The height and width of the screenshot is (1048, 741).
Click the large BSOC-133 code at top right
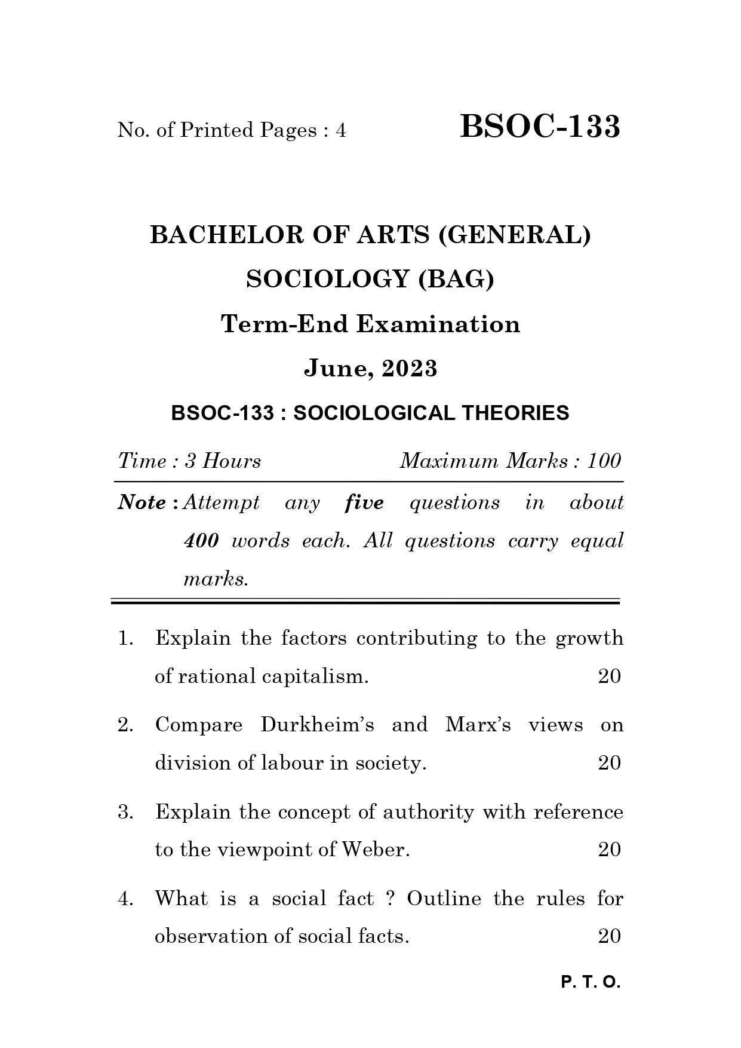pyautogui.click(x=540, y=127)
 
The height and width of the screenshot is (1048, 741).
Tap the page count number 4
pyautogui.click(x=340, y=130)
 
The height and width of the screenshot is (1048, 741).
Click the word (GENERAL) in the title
pyautogui.click(x=515, y=235)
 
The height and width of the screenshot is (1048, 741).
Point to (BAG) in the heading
pyautogui.click(x=456, y=279)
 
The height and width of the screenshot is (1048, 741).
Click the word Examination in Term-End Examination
pyautogui.click(x=438, y=324)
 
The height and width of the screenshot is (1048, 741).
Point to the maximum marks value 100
pyautogui.click(x=604, y=461)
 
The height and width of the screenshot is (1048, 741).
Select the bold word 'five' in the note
pyautogui.click(x=364, y=502)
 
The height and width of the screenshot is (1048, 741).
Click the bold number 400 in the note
pyautogui.click(x=201, y=541)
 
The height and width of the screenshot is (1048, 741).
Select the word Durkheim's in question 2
pyautogui.click(x=318, y=725)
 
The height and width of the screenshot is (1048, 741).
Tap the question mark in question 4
pyautogui.click(x=391, y=899)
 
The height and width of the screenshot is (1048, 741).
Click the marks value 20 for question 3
pyautogui.click(x=609, y=850)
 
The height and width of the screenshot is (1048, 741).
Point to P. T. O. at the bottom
pyautogui.click(x=591, y=982)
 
